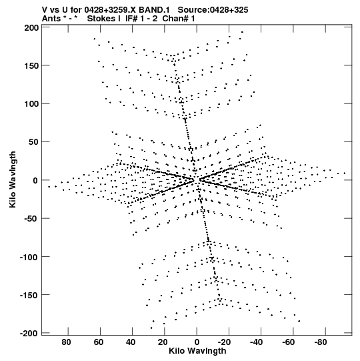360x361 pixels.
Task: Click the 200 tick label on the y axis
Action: coord(31,28)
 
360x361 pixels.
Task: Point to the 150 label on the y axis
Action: coord(31,66)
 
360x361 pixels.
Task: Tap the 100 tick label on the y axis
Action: coord(31,104)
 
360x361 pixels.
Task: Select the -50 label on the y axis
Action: coord(31,218)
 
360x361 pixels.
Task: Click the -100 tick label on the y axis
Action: coord(29,257)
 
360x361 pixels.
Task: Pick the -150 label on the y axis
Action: coord(29,295)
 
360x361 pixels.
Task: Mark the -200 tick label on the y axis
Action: coord(29,333)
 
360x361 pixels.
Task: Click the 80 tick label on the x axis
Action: coord(66,342)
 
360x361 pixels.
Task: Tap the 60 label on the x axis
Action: coord(99,342)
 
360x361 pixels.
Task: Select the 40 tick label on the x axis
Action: coord(131,342)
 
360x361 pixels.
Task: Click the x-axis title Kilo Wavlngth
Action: coord(197,351)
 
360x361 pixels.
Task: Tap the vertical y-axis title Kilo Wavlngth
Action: coord(13,179)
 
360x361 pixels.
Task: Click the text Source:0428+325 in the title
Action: coord(213,10)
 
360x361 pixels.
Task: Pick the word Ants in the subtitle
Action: coord(51,19)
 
